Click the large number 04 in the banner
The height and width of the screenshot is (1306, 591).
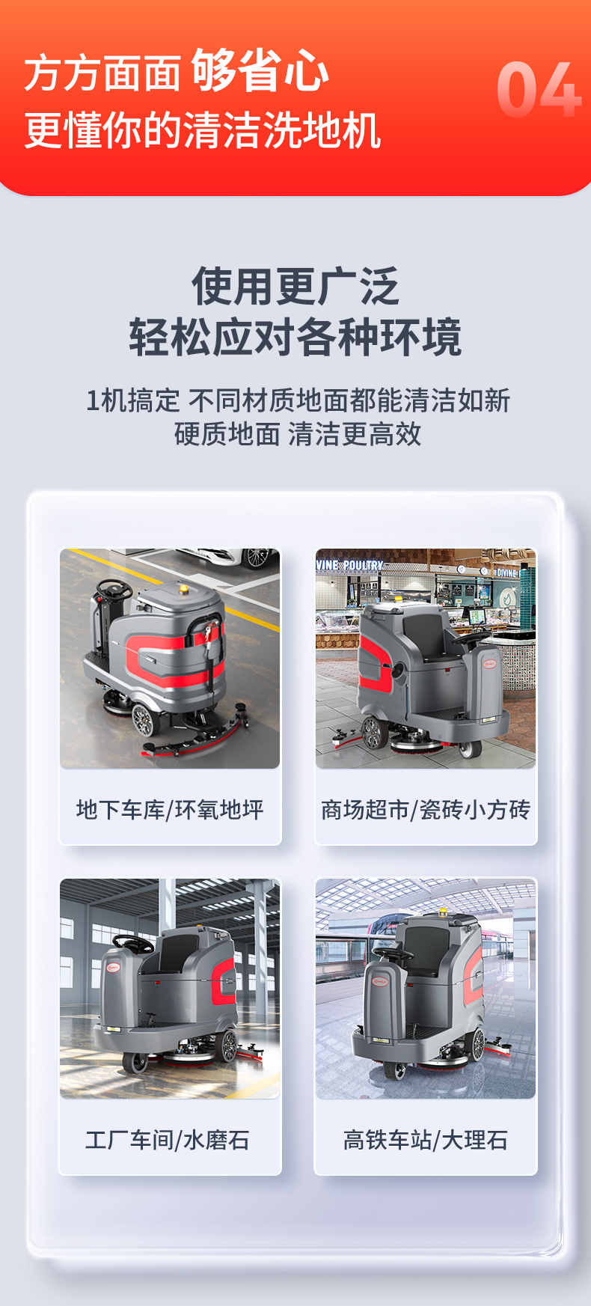point(539,90)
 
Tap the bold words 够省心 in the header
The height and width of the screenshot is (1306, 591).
point(260,71)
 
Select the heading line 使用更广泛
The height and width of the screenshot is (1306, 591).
point(295,286)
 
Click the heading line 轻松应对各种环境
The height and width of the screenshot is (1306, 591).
point(295,337)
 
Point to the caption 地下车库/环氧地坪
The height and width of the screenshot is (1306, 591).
point(170,810)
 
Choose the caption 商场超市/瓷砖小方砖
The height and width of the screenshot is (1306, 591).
point(426,810)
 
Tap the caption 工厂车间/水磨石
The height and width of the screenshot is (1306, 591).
point(168,1140)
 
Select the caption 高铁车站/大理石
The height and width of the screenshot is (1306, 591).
point(426,1140)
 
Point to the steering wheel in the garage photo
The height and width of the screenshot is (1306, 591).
point(114,590)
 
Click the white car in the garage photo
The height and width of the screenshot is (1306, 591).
point(224,557)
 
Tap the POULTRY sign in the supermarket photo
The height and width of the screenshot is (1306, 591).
point(364,566)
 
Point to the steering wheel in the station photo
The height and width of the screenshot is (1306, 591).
point(394,954)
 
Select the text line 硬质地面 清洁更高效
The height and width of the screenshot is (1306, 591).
point(298,434)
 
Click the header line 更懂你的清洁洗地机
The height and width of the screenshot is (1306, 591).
point(203,130)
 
